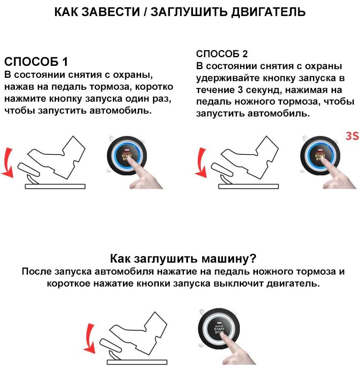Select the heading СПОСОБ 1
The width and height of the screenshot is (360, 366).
[x=36, y=62]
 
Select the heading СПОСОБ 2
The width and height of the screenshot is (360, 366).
[x=222, y=54]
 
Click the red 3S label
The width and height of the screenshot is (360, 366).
[x=352, y=136]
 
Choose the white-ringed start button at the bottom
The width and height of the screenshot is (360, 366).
[x=218, y=329]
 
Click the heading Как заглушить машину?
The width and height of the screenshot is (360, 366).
[x=183, y=259]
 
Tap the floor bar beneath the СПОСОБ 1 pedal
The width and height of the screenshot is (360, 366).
[x=55, y=186]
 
